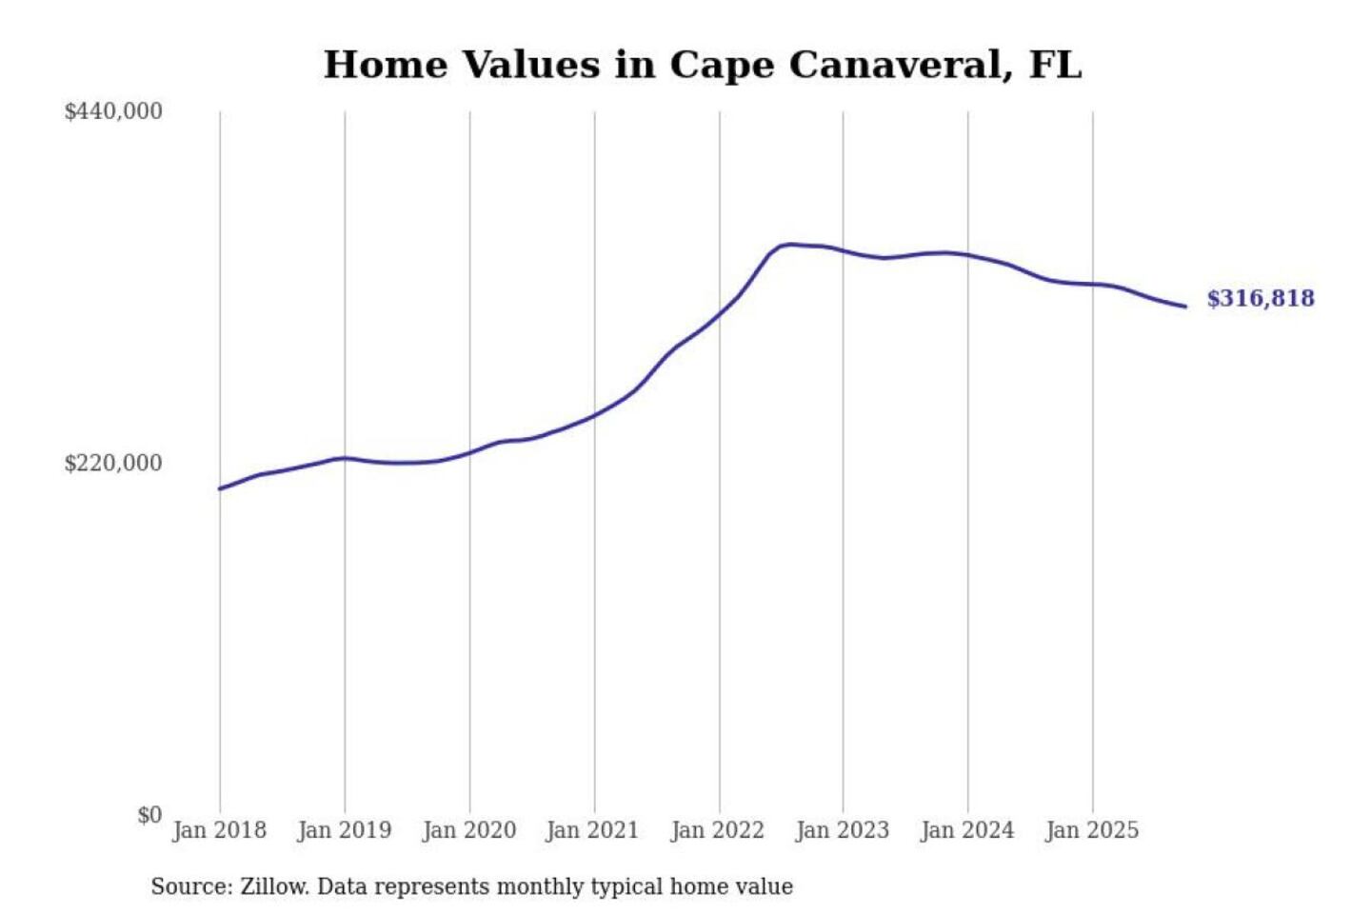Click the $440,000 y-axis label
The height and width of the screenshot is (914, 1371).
pos(113,111)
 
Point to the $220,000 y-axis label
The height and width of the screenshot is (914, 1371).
pos(113,464)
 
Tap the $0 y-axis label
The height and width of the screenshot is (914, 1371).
pos(149,815)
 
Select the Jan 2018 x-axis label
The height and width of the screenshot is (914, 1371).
pos(220,830)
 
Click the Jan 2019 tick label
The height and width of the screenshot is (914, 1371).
pos(345,830)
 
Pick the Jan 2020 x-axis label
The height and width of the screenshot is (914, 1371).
pos(469,830)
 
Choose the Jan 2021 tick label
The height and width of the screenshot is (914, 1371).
pos(592,830)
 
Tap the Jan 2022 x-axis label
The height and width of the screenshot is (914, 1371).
pos(718,830)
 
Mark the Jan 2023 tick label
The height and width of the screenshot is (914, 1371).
pos(843,830)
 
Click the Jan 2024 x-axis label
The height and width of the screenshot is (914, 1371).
pos(967,830)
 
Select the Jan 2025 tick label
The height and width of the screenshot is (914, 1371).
pos(1092,830)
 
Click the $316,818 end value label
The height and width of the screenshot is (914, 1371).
pos(1261,299)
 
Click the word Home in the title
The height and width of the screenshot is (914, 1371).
pos(386,66)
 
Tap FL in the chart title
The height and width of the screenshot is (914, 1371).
pos(1056,66)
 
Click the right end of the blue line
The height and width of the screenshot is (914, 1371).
pos(1185,307)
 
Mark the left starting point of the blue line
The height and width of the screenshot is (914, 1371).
pos(220,488)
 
